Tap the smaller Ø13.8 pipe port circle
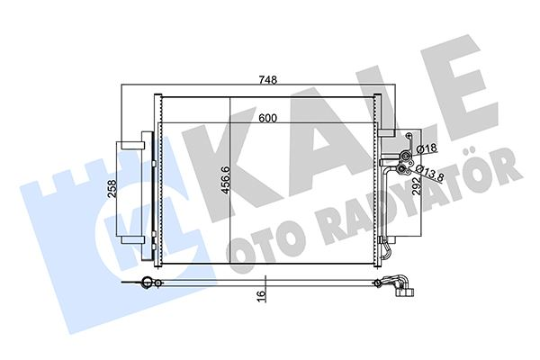click(406, 166)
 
